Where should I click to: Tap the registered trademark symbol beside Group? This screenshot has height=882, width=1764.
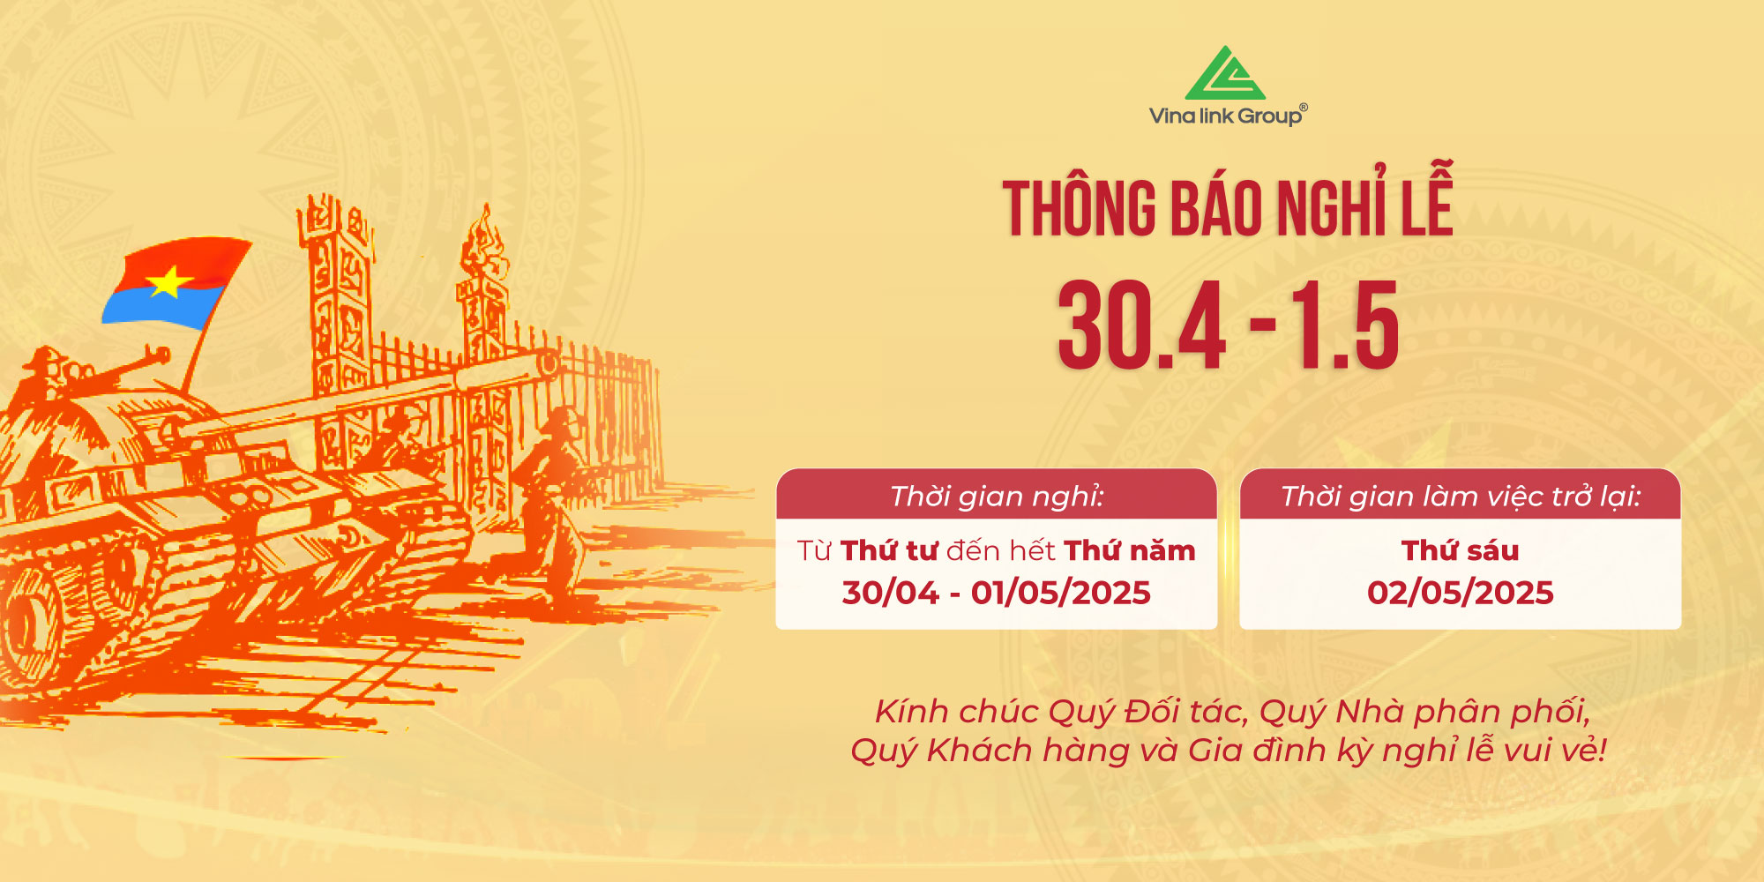coord(1304,108)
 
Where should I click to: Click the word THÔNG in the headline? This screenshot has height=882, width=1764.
coord(1079,207)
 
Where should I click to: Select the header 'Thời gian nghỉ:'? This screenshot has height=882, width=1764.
coord(997,497)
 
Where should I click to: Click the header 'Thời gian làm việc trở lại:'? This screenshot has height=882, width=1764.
coord(1461,497)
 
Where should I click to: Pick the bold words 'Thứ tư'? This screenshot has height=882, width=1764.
coord(889,549)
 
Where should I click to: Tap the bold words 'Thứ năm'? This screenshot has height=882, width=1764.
coord(1130,549)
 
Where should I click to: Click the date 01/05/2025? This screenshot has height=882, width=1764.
coord(1061,593)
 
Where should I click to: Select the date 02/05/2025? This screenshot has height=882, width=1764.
coord(1461,593)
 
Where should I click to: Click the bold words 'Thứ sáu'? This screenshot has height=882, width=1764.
coord(1461,549)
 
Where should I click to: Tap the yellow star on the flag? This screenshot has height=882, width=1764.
coord(169,282)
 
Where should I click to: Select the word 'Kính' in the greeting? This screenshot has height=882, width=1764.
coord(911,711)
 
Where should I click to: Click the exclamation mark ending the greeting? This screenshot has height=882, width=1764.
coord(1602,750)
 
